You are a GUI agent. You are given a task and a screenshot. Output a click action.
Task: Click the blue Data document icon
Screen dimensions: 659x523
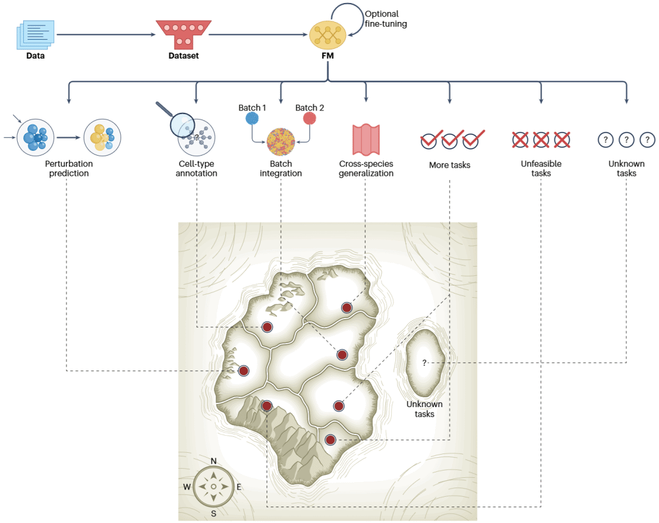[36, 34]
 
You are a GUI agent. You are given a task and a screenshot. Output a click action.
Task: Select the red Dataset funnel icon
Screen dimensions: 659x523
[184, 34]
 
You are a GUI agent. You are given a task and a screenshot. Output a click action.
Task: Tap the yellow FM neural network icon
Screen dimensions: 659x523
[328, 35]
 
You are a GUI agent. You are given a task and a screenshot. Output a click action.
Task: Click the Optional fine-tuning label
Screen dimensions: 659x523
[386, 19]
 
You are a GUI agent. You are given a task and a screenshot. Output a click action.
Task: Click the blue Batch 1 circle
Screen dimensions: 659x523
[252, 118]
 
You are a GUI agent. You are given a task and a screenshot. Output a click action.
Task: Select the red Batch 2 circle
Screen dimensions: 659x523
[310, 118]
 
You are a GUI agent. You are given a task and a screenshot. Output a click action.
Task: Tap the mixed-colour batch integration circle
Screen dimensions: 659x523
[281, 142]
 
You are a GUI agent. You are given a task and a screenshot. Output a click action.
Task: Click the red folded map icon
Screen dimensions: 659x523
[366, 140]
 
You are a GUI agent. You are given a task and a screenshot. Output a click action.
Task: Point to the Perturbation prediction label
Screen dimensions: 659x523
[69, 168]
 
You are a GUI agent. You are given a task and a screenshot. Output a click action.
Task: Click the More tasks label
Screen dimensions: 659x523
[450, 165]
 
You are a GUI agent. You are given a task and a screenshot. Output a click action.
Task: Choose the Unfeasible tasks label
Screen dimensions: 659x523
[541, 168]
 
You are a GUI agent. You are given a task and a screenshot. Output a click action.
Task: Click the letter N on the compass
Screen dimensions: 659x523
[214, 461]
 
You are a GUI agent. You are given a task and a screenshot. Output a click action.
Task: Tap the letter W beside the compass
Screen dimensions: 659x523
[187, 487]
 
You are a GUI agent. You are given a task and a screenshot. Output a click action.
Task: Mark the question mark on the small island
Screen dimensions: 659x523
[425, 363]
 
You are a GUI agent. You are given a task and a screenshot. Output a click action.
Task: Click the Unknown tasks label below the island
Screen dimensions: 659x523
[425, 409]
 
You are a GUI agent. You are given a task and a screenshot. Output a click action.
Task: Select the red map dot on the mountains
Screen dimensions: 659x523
[267, 406]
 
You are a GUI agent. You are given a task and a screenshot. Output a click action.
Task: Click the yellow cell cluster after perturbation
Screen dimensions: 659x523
[102, 137]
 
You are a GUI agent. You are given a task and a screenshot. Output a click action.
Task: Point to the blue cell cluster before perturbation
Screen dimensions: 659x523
[36, 137]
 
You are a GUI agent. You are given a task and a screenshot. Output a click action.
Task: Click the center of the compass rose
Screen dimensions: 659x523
[214, 487]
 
